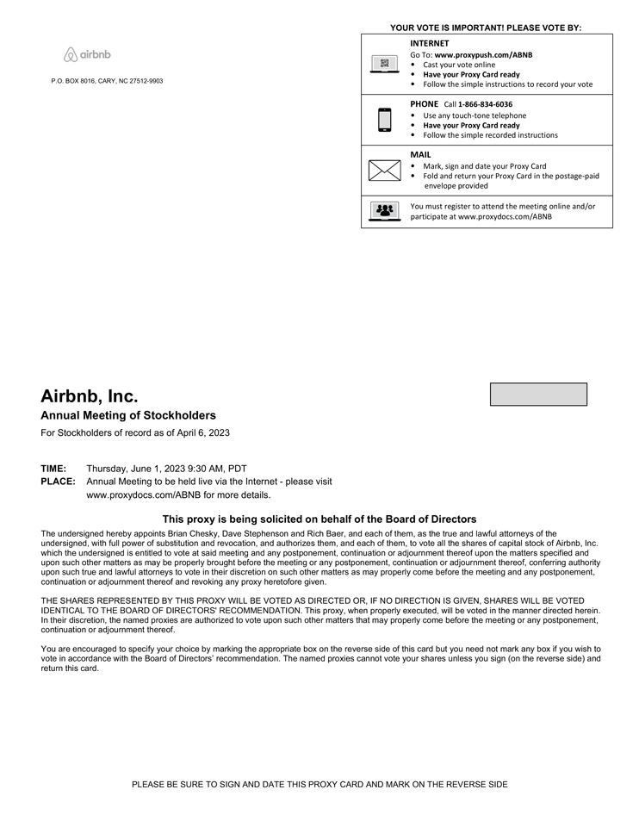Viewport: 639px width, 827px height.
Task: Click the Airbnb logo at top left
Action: coord(87,55)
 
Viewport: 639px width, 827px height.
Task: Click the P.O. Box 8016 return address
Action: coord(107,81)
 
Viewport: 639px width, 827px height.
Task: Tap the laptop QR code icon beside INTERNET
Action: coord(384,64)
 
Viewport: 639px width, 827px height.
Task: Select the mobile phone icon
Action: coord(384,120)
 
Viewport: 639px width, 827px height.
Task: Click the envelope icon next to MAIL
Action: coord(384,171)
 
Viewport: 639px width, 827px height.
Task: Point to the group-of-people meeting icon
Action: coord(384,211)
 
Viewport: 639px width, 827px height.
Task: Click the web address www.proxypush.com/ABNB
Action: coord(483,54)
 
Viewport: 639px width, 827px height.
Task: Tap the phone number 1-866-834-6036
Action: coord(485,104)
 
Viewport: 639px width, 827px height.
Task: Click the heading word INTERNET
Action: coord(429,43)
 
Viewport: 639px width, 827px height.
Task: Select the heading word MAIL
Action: coord(420,155)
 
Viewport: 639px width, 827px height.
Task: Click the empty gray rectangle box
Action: coord(538,395)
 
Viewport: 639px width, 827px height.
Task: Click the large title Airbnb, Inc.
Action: coord(89,396)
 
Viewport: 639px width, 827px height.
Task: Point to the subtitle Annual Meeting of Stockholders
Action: coord(128,415)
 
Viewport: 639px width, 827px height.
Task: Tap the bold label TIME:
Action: coord(53,469)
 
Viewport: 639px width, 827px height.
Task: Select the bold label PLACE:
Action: coord(58,482)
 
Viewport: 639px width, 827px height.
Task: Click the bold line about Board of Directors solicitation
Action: coord(319,519)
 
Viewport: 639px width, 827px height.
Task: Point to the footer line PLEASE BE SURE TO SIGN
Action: coord(319,785)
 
